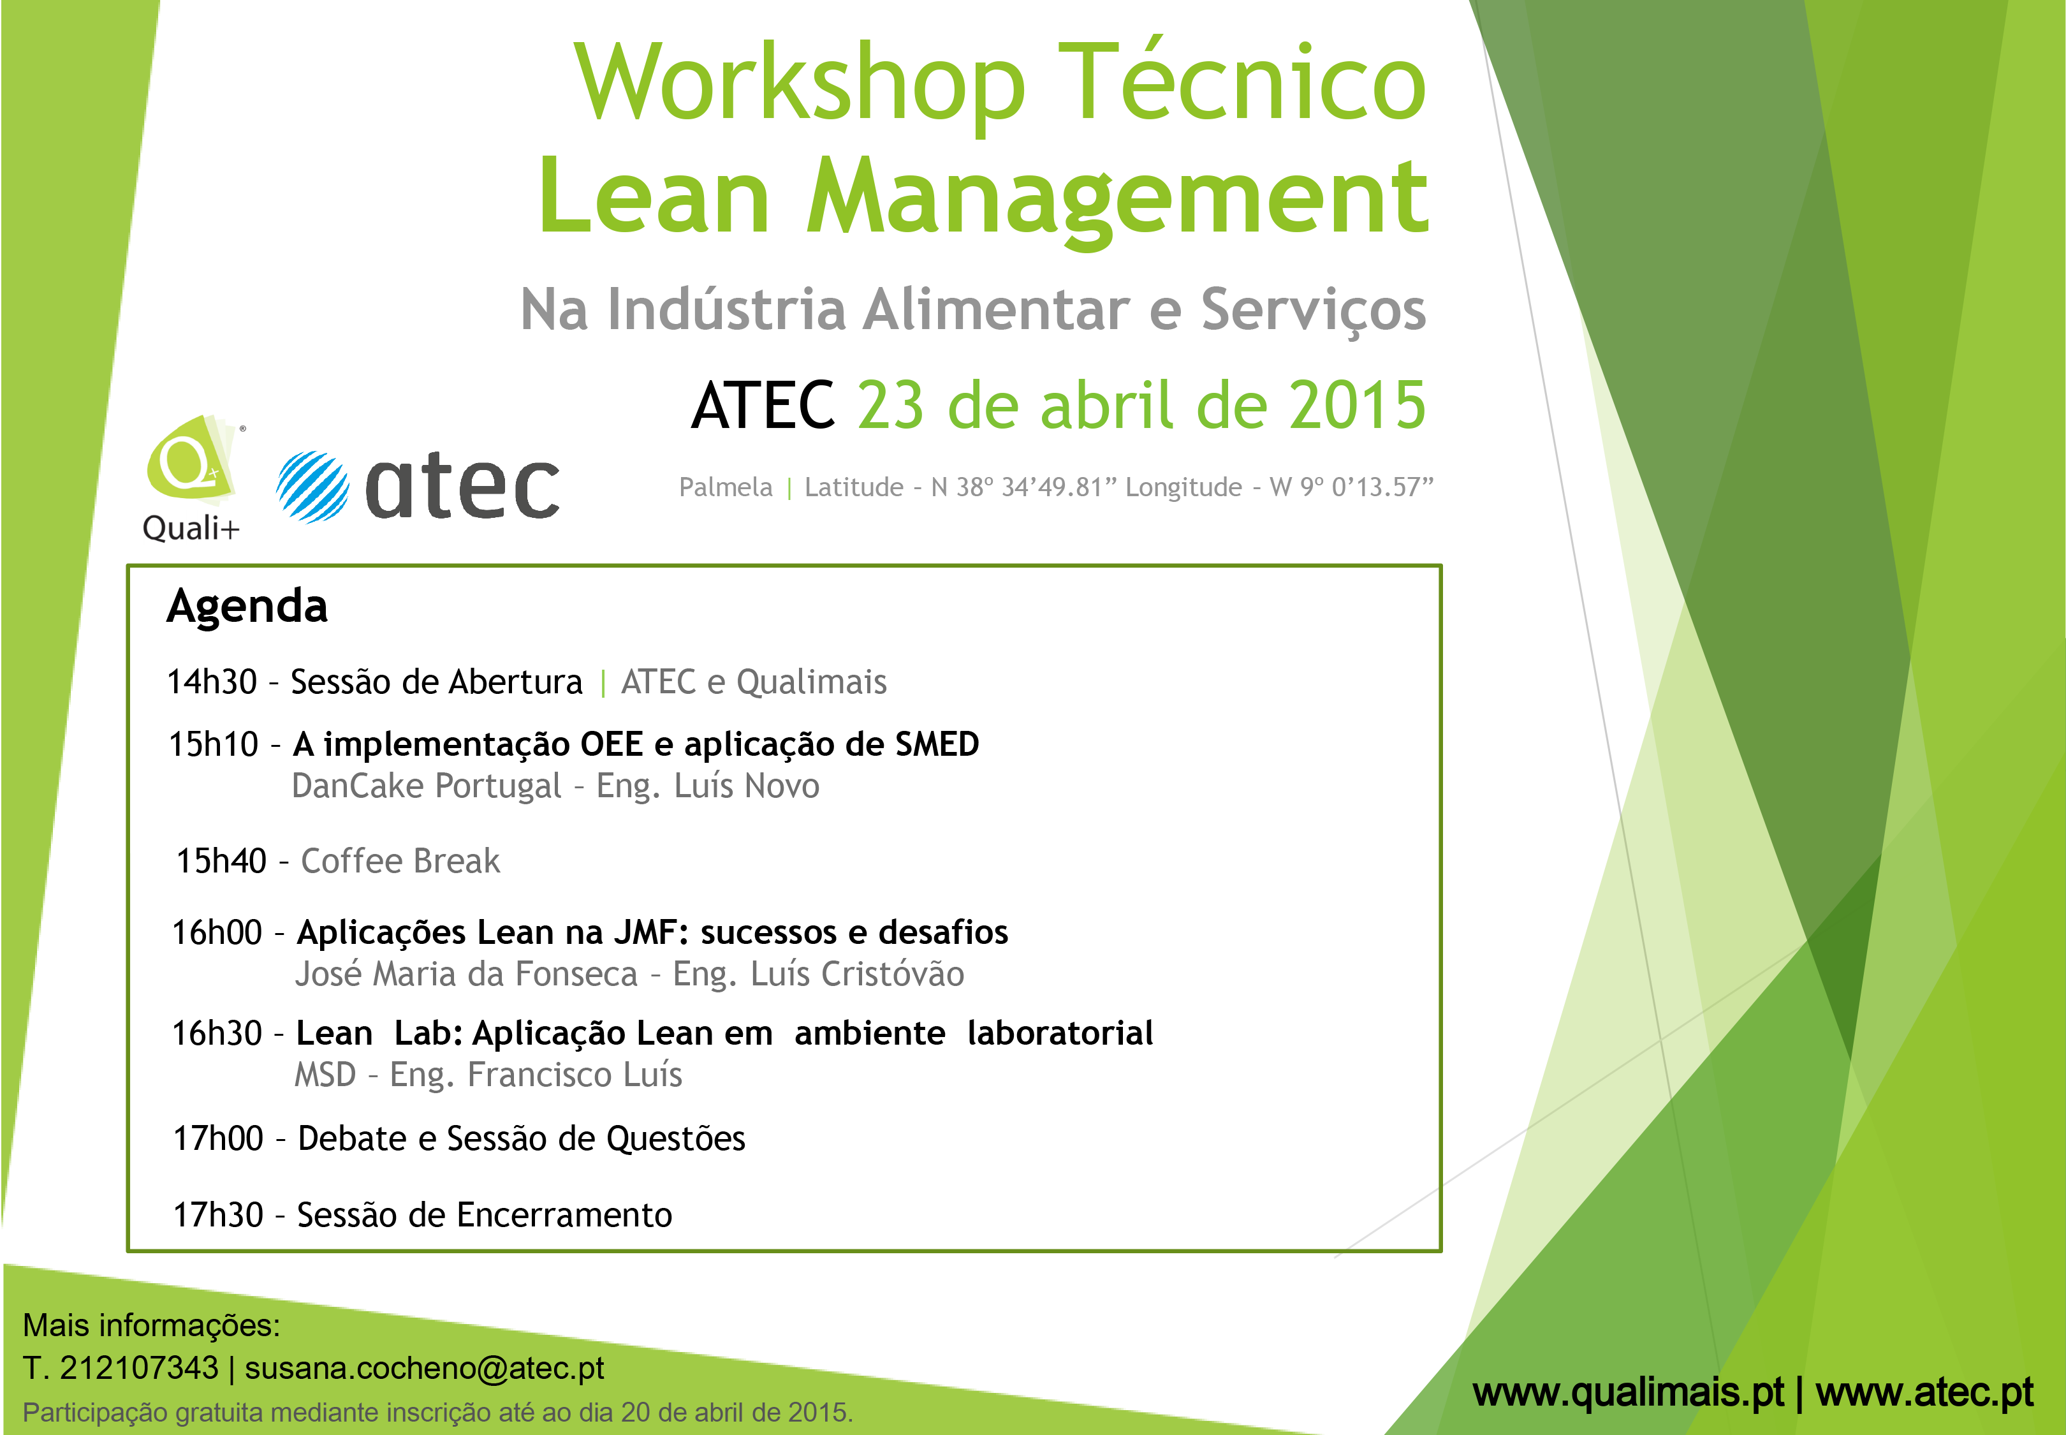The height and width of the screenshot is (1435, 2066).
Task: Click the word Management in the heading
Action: [x=1118, y=200]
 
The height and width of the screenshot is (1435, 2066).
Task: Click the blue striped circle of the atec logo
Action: [x=312, y=487]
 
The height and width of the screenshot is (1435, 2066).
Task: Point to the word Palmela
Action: [x=726, y=487]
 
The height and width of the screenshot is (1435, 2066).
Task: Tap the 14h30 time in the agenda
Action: [x=212, y=682]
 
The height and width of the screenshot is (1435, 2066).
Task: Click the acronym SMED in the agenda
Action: [x=937, y=744]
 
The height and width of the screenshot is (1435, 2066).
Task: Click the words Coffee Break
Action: [x=400, y=862]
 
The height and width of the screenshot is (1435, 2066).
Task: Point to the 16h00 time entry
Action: [x=217, y=933]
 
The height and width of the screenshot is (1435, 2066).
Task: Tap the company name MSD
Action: [x=325, y=1075]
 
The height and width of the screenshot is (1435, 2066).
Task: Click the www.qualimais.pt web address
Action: [x=1627, y=1393]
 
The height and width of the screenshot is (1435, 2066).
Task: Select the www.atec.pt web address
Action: [x=1925, y=1393]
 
